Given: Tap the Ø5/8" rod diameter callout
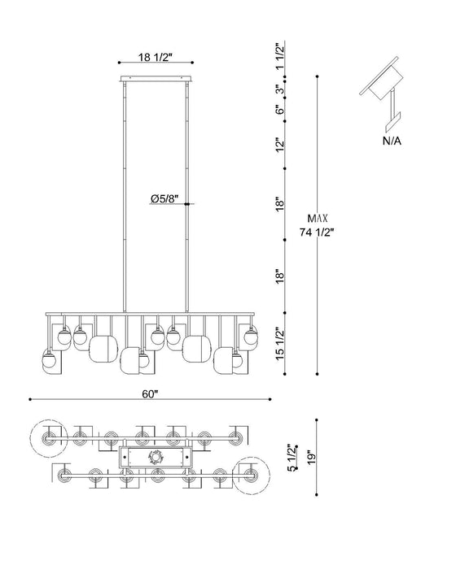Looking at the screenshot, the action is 165,198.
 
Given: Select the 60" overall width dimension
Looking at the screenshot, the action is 150,394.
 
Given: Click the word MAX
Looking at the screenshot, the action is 318,219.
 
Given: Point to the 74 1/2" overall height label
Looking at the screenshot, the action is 317,232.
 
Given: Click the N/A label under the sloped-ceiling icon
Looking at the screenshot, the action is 392,141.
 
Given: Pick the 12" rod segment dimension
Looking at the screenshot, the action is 279,145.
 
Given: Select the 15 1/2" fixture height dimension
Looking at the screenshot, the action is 279,343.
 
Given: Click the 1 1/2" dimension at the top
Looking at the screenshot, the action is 279,57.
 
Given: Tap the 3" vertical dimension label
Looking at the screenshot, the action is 279,89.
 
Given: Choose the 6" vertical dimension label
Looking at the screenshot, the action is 279,110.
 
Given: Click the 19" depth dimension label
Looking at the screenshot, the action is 311,457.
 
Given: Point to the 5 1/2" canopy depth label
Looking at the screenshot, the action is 292,458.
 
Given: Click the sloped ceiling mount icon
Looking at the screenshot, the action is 383,93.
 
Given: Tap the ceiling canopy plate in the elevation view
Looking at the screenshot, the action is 156,79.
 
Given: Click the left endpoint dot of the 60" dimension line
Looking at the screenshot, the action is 30,399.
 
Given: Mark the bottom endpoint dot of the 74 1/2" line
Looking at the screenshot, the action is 318,373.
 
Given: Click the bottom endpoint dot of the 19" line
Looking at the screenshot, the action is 317,494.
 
